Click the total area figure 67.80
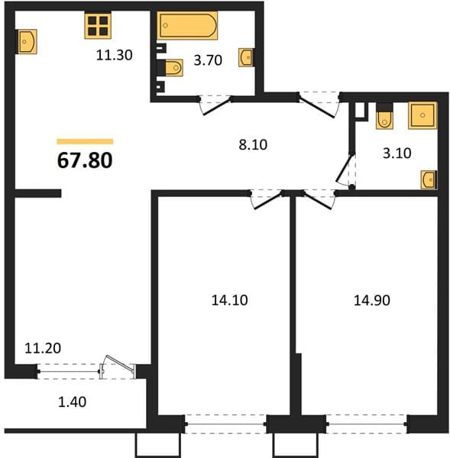pyautogui.click(x=85, y=160)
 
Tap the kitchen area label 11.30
pyautogui.click(x=115, y=55)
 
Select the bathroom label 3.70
pyautogui.click(x=208, y=60)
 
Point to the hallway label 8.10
pyautogui.click(x=253, y=144)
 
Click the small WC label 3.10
pyautogui.click(x=397, y=153)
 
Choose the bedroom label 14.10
pyautogui.click(x=229, y=300)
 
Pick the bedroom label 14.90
pyautogui.click(x=372, y=300)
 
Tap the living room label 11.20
pyautogui.click(x=43, y=348)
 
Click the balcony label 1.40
pyautogui.click(x=73, y=402)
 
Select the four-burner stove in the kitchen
pyautogui.click(x=98, y=26)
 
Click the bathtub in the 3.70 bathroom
pyautogui.click(x=187, y=25)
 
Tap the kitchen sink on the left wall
pyautogui.click(x=28, y=41)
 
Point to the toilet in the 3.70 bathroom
pyautogui.click(x=173, y=68)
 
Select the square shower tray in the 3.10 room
pyautogui.click(x=422, y=115)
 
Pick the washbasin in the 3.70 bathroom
pyautogui.click(x=246, y=57)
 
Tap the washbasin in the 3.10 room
pyautogui.click(x=429, y=180)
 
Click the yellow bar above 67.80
pyautogui.click(x=85, y=142)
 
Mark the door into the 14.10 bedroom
pyautogui.click(x=267, y=199)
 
